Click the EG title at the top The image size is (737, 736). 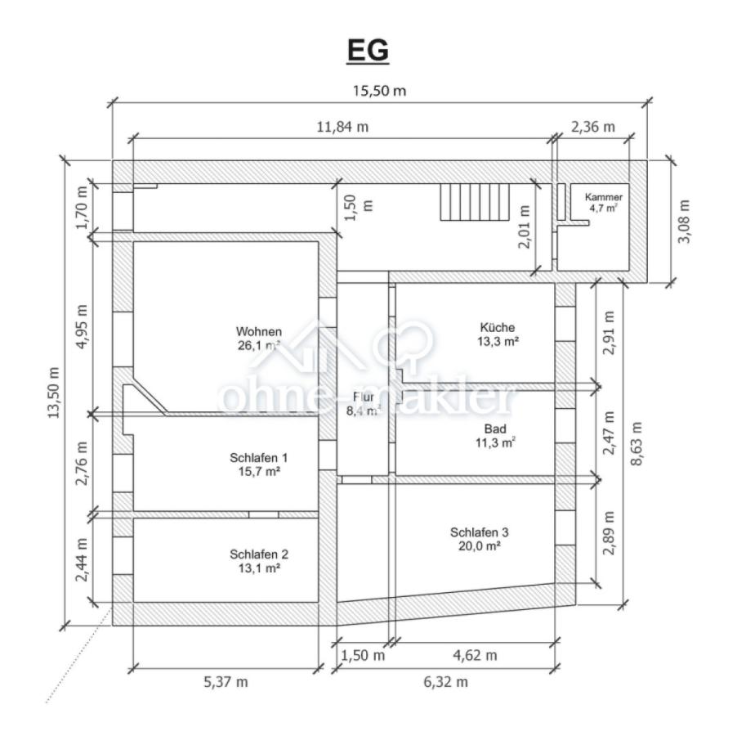tap(368, 51)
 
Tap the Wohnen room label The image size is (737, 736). tap(258, 331)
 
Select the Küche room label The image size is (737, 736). tap(498, 327)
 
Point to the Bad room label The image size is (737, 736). tap(495, 429)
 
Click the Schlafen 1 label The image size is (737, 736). tap(258, 458)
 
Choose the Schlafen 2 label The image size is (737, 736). tap(259, 554)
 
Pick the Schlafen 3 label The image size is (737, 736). tap(479, 532)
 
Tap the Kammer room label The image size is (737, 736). tap(604, 197)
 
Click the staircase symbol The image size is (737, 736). tap(475, 202)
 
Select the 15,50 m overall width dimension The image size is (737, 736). tap(379, 91)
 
